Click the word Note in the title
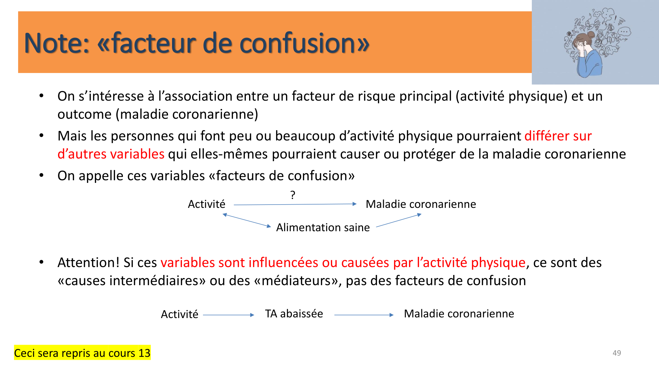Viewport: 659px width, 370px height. click(56, 43)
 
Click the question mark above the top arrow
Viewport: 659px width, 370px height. click(293, 195)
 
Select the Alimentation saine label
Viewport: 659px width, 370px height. click(323, 227)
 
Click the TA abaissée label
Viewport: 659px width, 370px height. click(294, 314)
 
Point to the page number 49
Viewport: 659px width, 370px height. click(616, 353)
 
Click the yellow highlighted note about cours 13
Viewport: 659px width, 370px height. click(82, 353)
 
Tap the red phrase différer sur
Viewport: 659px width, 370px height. click(558, 136)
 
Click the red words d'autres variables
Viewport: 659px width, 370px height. click(111, 154)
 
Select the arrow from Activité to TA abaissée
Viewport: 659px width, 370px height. click(228, 315)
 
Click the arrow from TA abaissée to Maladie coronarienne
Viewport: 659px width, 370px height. click(364, 315)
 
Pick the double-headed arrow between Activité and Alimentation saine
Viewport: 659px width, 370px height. click(246, 220)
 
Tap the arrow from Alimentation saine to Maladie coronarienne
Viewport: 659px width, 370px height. click(399, 221)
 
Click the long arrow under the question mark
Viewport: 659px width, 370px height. click(295, 205)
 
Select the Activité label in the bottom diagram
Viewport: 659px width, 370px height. click(180, 314)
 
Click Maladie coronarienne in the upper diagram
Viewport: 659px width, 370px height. click(421, 204)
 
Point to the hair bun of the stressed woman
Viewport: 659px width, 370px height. click(590, 35)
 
